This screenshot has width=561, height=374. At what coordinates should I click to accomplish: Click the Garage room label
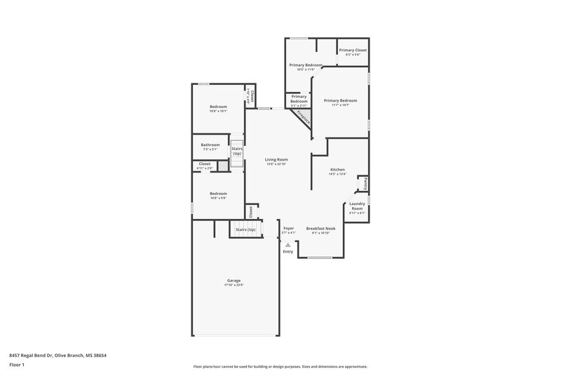(x=233, y=281)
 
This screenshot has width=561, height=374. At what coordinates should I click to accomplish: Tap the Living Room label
(x=276, y=160)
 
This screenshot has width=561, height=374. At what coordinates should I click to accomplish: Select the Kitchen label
(x=338, y=171)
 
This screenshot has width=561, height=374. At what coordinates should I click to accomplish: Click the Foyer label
(x=288, y=228)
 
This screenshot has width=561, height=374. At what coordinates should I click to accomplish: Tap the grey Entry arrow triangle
(x=288, y=244)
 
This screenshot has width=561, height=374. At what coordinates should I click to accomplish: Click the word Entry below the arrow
(x=288, y=251)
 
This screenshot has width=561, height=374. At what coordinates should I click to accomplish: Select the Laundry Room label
(x=357, y=206)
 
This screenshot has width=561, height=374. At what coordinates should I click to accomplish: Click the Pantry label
(x=365, y=183)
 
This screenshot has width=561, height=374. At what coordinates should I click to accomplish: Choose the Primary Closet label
(x=353, y=51)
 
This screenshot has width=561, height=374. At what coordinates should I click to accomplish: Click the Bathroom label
(x=210, y=145)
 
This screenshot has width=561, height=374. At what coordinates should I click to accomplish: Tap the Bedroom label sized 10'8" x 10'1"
(x=218, y=107)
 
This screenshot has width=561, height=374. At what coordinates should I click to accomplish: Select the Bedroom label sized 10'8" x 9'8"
(x=218, y=194)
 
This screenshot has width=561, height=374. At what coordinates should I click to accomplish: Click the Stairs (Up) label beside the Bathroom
(x=237, y=151)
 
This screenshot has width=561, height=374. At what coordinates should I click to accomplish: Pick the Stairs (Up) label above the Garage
(x=245, y=229)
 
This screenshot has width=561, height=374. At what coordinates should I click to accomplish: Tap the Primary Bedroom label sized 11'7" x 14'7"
(x=341, y=100)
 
